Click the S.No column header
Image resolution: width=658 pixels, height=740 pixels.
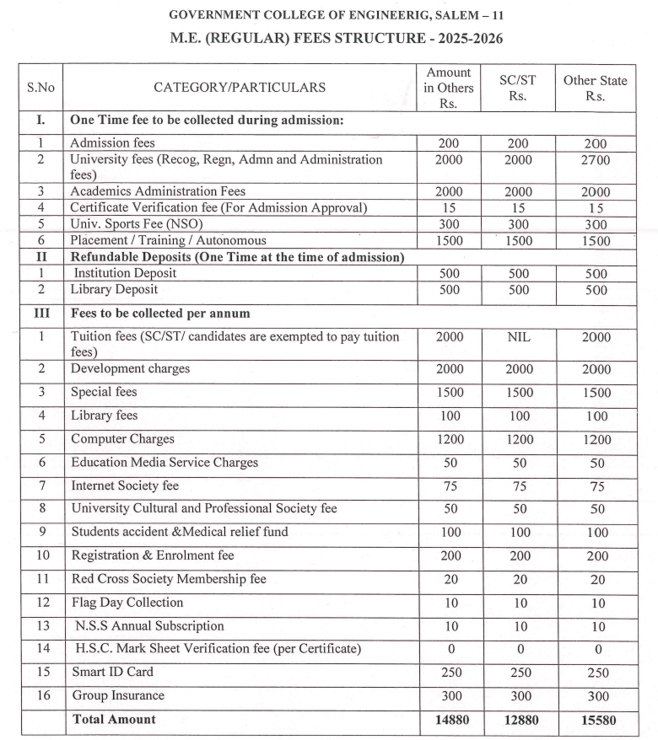click(x=40, y=87)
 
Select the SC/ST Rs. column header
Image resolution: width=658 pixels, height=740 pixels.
click(x=518, y=87)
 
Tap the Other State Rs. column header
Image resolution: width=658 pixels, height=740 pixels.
click(x=595, y=87)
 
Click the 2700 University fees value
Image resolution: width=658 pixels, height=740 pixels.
click(x=595, y=159)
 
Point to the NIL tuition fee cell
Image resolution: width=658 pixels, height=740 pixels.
click(x=518, y=337)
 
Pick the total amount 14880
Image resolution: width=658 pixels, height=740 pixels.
click(x=448, y=720)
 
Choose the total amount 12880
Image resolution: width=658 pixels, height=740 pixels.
click(x=518, y=720)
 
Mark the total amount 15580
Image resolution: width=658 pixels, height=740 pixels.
click(x=595, y=720)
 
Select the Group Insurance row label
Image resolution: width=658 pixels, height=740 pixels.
click(x=118, y=696)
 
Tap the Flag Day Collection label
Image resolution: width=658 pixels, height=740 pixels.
click(x=127, y=603)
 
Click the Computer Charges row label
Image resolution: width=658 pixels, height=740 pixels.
click(x=122, y=439)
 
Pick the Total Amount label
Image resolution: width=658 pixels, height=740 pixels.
click(x=114, y=720)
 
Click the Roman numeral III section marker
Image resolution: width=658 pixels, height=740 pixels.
click(x=40, y=314)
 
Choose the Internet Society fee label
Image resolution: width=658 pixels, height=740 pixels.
click(x=125, y=486)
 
